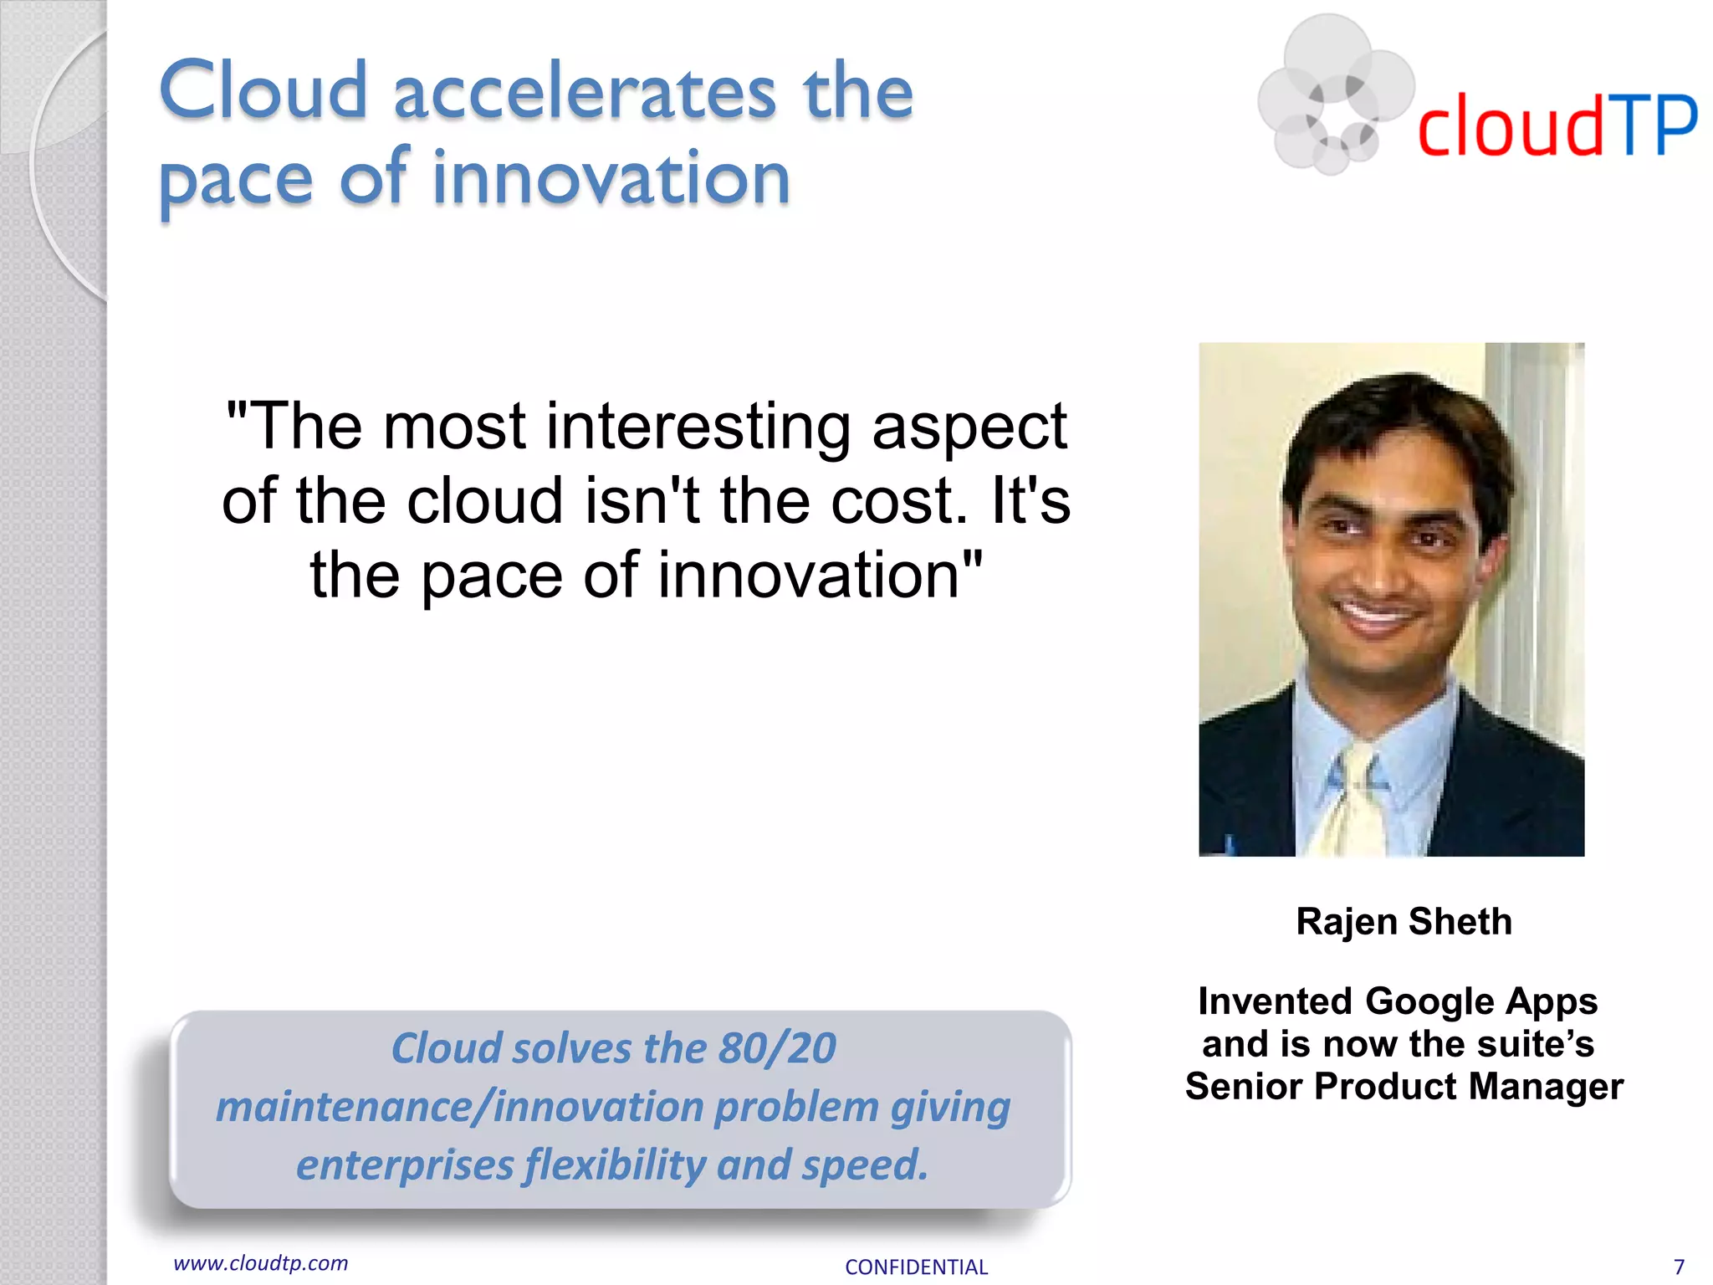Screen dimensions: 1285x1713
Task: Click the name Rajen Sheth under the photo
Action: (1404, 921)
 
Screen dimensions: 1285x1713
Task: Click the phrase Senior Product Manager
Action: (1404, 1086)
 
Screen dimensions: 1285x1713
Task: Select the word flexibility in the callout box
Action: (615, 1165)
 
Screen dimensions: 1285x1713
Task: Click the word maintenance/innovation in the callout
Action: (460, 1106)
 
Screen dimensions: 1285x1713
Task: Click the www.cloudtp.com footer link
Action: (260, 1262)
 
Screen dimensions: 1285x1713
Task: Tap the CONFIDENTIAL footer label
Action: (916, 1267)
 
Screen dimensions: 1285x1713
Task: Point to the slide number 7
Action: (1678, 1267)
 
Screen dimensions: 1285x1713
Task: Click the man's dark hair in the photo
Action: (1397, 418)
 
